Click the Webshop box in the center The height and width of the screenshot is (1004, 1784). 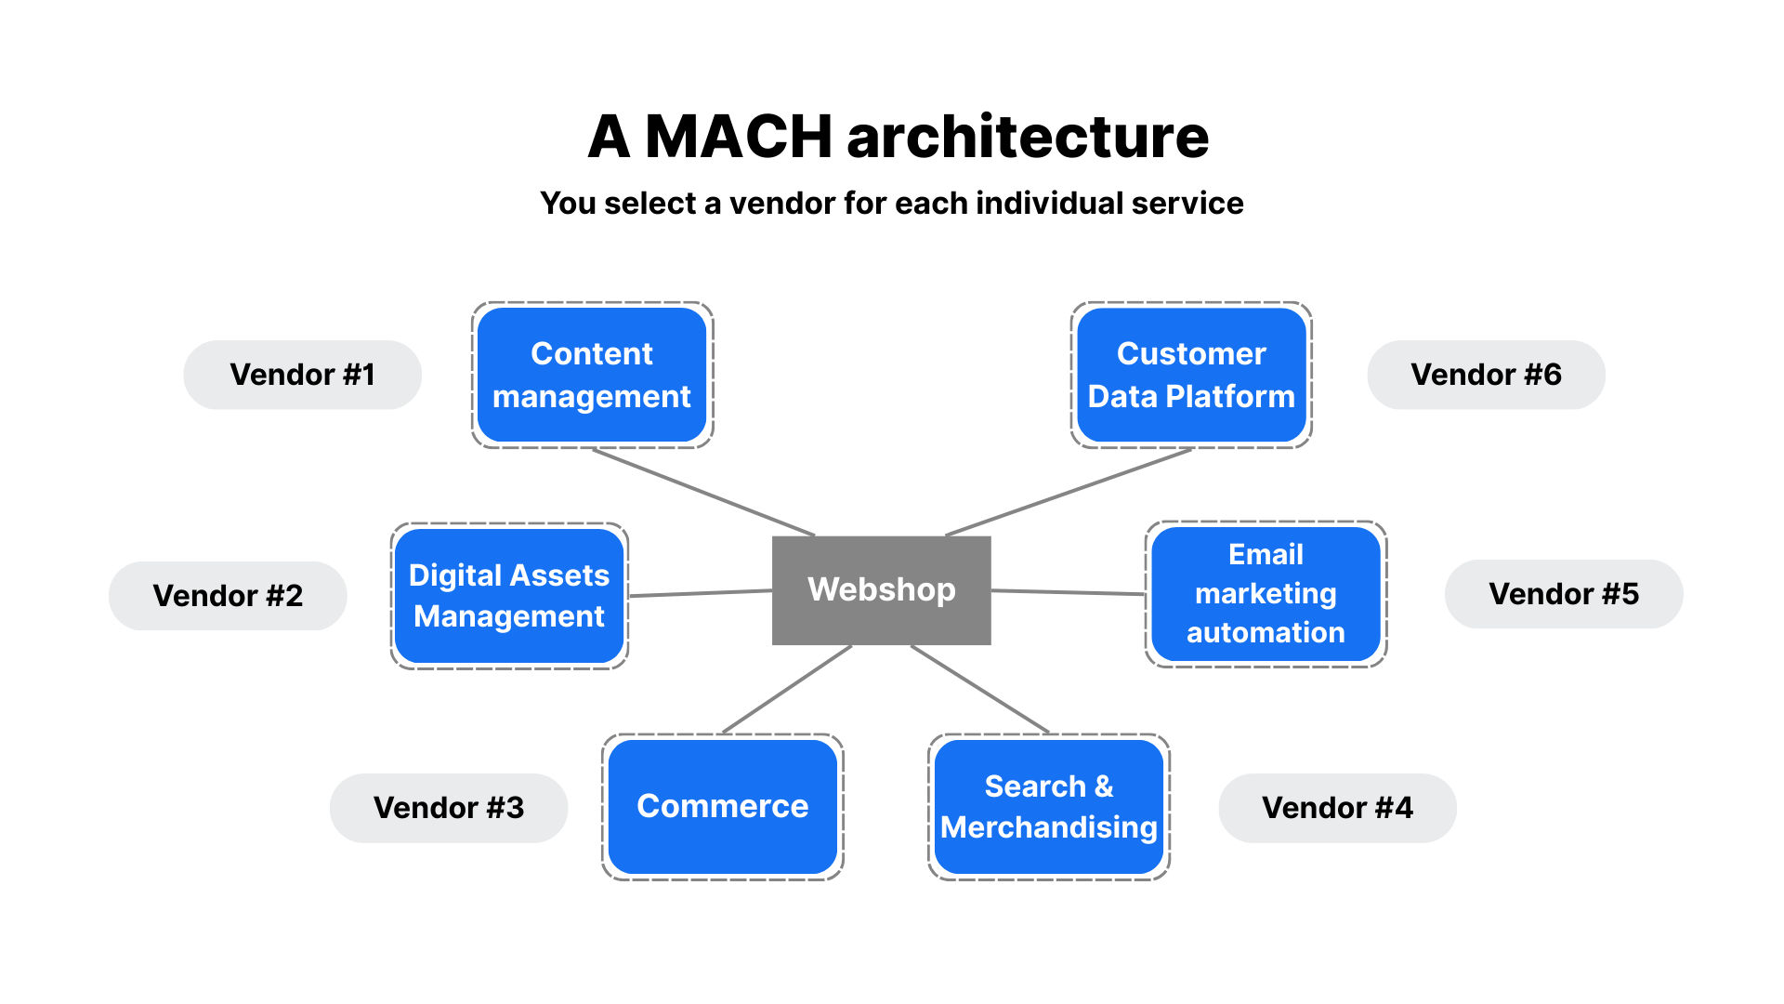coord(881,590)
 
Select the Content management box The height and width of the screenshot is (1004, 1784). coord(592,375)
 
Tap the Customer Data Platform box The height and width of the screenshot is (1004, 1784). coord(1191,375)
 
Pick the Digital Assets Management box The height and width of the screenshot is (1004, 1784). coord(509,596)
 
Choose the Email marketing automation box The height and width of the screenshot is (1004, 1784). coord(1266,594)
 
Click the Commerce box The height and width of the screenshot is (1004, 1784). coord(722,806)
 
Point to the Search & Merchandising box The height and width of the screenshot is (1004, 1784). coord(1048,806)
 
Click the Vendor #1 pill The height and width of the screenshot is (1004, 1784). coord(302,375)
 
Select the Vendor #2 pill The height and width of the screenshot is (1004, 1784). coord(228,596)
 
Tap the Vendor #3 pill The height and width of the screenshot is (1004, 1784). coord(449,808)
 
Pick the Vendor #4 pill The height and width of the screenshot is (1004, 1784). coord(1337,808)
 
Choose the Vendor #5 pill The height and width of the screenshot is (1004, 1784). coord(1564,594)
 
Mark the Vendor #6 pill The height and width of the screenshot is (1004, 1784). coord(1486,375)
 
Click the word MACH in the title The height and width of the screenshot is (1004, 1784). coord(738,137)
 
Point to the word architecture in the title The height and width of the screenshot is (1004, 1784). coord(1028,137)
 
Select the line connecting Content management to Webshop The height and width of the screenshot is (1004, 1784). coord(703,492)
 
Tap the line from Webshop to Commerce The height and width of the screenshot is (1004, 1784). coord(787,689)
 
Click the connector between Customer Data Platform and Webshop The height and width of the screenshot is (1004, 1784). coord(1069,492)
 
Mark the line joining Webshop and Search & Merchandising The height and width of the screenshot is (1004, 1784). coord(980,689)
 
